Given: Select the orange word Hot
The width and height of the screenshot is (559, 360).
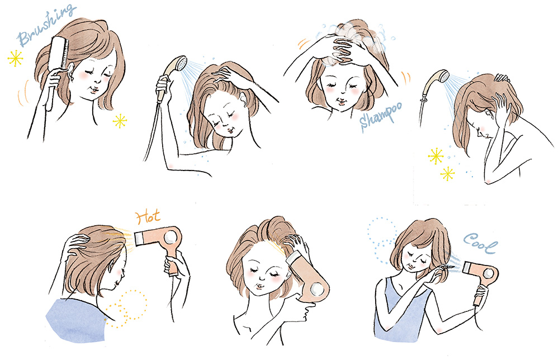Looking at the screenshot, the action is pos(148,216).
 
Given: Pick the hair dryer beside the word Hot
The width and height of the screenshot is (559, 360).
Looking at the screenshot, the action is pos(162,243).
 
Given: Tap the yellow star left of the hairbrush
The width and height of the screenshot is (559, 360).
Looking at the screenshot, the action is pos(15,59).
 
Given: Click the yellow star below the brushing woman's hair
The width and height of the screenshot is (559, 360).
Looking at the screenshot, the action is pos(120,121).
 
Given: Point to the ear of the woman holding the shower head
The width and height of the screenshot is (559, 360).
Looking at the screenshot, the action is pos(244,100).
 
